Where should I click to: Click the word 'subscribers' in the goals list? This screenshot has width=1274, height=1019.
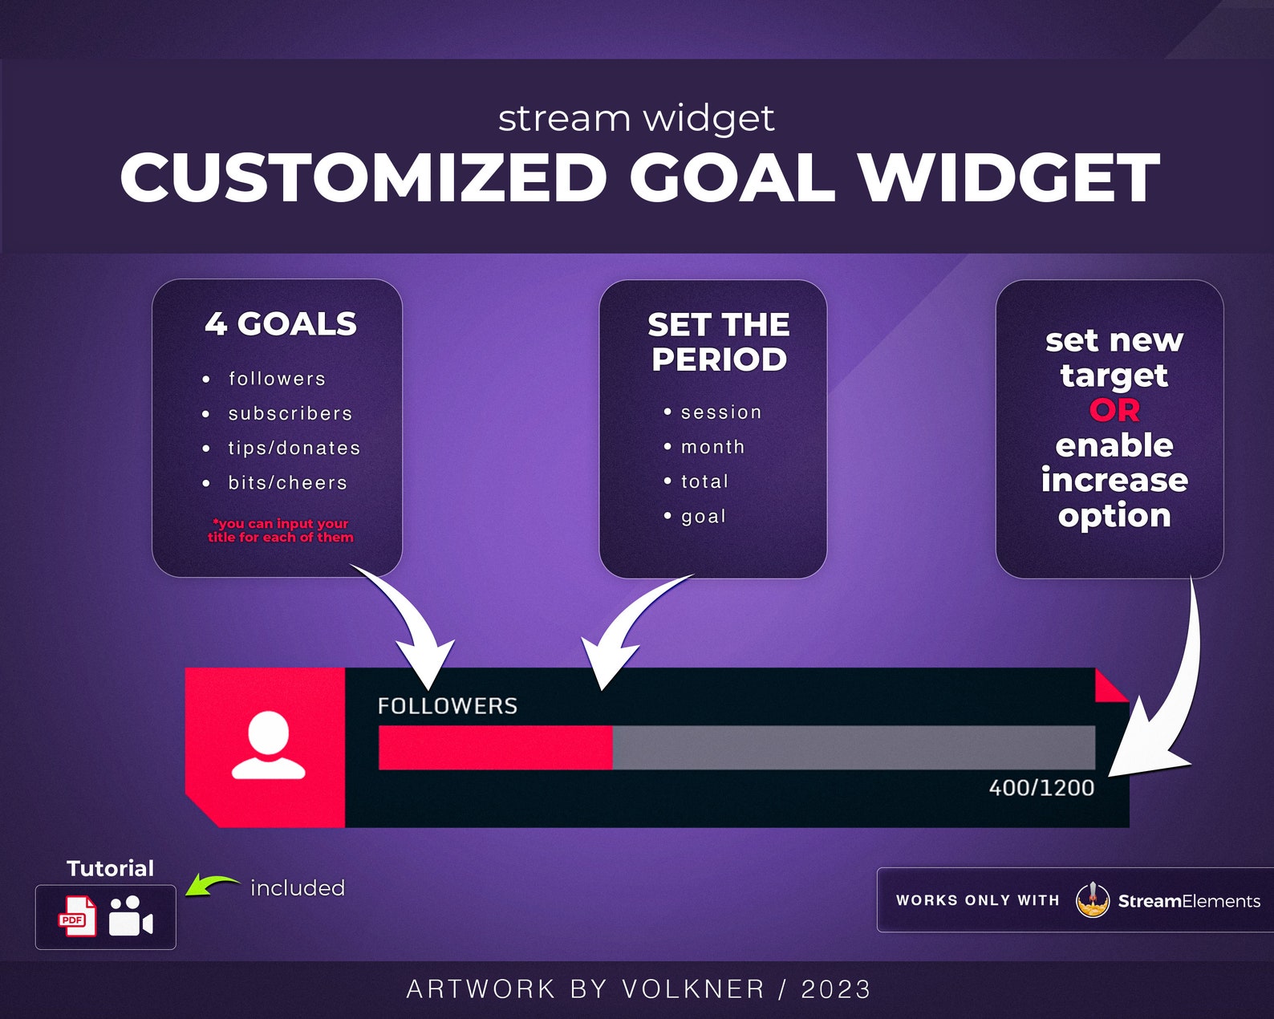[x=290, y=413]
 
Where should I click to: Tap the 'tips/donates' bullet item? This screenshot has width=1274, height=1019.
[x=294, y=448]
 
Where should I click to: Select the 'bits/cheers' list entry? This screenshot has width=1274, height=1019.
[x=287, y=482]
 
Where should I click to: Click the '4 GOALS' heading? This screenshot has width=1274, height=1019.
[x=280, y=324]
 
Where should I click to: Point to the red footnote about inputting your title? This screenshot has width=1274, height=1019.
[x=280, y=530]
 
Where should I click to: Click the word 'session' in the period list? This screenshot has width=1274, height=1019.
[x=720, y=412]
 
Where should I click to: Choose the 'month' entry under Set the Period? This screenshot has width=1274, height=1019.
[x=712, y=447]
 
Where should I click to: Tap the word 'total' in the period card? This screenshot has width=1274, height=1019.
[x=704, y=481]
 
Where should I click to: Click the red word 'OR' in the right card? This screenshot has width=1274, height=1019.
[x=1114, y=410]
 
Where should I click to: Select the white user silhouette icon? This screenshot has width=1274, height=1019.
[x=268, y=746]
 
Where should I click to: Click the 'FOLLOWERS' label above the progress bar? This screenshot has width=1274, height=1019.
[x=447, y=706]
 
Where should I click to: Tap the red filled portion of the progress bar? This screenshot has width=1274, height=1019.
[x=494, y=747]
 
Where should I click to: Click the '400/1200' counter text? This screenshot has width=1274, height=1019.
[x=1041, y=788]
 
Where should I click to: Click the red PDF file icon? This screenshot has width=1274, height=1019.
[x=77, y=916]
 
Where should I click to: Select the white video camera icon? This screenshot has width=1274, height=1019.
[x=131, y=916]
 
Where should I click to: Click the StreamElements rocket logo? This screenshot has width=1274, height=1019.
[x=1092, y=900]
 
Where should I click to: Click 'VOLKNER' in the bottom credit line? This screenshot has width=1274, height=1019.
[x=693, y=989]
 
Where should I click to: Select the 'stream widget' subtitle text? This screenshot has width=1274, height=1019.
[x=635, y=119]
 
